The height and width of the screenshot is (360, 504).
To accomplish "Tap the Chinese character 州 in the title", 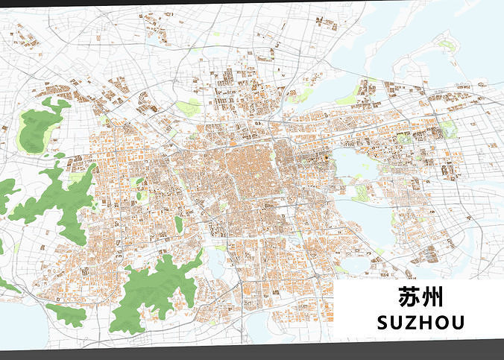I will click(430, 300).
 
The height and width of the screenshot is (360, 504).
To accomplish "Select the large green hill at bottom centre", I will click(153, 287).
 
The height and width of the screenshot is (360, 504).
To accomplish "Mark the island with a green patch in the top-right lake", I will click(447, 45).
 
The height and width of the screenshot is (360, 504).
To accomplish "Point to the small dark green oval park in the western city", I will click(179, 224).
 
